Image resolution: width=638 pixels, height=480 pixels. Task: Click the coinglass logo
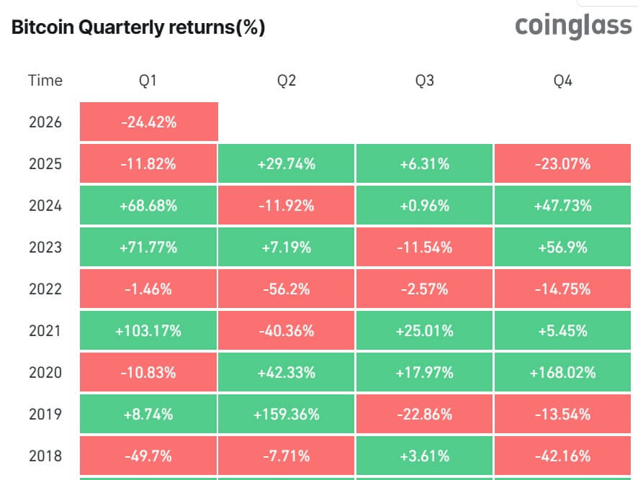pyautogui.click(x=573, y=27)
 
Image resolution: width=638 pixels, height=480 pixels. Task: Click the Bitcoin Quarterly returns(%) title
pyautogui.click(x=138, y=28)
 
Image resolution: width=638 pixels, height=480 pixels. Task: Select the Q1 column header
pyautogui.click(x=148, y=81)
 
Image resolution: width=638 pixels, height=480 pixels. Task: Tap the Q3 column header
pyautogui.click(x=425, y=81)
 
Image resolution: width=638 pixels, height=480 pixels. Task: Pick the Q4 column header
pyautogui.click(x=562, y=81)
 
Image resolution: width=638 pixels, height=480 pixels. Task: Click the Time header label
pyautogui.click(x=45, y=81)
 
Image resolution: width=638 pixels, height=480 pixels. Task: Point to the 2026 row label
pyautogui.click(x=45, y=122)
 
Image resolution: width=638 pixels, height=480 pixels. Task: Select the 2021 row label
pyautogui.click(x=45, y=331)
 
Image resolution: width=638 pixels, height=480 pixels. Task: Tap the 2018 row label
pyautogui.click(x=45, y=456)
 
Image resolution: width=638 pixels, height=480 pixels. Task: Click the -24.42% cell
pyautogui.click(x=148, y=122)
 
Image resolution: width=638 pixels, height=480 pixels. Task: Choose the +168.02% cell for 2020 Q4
pyautogui.click(x=562, y=373)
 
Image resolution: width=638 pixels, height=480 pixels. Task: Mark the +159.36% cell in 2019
pyautogui.click(x=287, y=415)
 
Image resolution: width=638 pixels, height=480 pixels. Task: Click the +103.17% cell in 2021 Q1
pyautogui.click(x=148, y=331)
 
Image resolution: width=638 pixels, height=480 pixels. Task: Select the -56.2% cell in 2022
pyautogui.click(x=287, y=289)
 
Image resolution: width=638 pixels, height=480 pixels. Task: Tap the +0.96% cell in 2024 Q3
pyautogui.click(x=425, y=206)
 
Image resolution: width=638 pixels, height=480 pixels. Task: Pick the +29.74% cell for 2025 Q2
pyautogui.click(x=287, y=164)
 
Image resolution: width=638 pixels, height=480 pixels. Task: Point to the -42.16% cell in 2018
pyautogui.click(x=562, y=456)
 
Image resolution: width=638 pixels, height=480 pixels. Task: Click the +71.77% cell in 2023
pyautogui.click(x=148, y=248)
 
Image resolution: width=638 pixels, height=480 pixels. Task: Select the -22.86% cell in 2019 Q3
pyautogui.click(x=425, y=415)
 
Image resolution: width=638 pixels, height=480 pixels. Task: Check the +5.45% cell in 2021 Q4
pyautogui.click(x=562, y=331)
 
